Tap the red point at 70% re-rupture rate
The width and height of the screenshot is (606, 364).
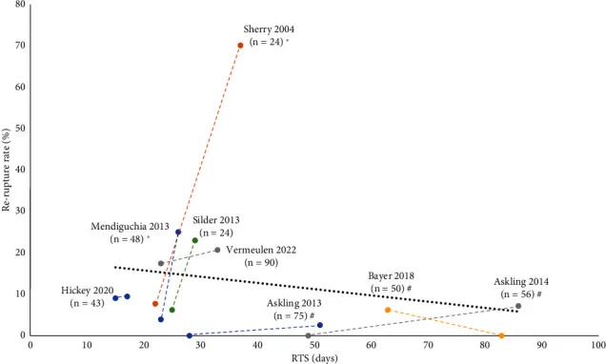(240, 46)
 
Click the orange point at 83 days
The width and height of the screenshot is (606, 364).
(501, 335)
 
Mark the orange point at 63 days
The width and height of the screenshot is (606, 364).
(388, 310)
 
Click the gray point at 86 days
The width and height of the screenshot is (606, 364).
(518, 306)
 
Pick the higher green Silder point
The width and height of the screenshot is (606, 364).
(195, 240)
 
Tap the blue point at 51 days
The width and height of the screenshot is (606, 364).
(320, 325)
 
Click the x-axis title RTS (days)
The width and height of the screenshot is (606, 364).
(313, 358)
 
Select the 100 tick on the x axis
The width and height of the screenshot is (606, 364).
(597, 346)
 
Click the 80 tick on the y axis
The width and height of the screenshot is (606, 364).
(20, 5)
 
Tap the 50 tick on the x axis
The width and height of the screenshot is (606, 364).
(314, 346)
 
